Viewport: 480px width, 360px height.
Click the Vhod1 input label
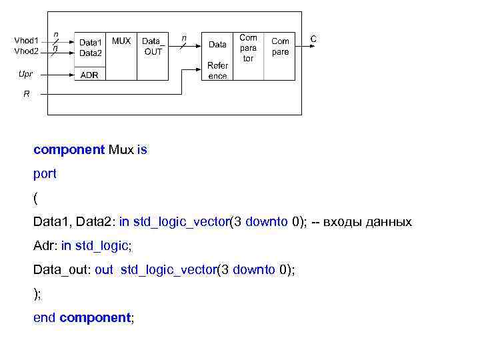(x=27, y=41)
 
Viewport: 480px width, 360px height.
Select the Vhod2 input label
(x=27, y=51)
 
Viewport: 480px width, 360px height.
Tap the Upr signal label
(x=25, y=74)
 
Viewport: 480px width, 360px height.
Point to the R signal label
(x=26, y=95)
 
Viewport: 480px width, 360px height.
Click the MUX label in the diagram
(x=121, y=41)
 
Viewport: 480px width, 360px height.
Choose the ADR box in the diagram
(x=89, y=75)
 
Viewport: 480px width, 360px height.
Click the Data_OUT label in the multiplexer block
(x=153, y=46)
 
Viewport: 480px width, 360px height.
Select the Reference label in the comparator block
(x=217, y=71)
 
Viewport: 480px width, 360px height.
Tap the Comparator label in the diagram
(x=248, y=48)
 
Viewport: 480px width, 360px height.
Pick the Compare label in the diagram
(x=280, y=46)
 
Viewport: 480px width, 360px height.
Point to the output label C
(x=313, y=39)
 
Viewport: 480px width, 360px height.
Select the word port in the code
(x=45, y=174)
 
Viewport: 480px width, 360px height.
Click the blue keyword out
(x=104, y=270)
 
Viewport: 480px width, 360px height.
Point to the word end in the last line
(x=45, y=318)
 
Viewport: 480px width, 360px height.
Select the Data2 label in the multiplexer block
(x=91, y=53)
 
